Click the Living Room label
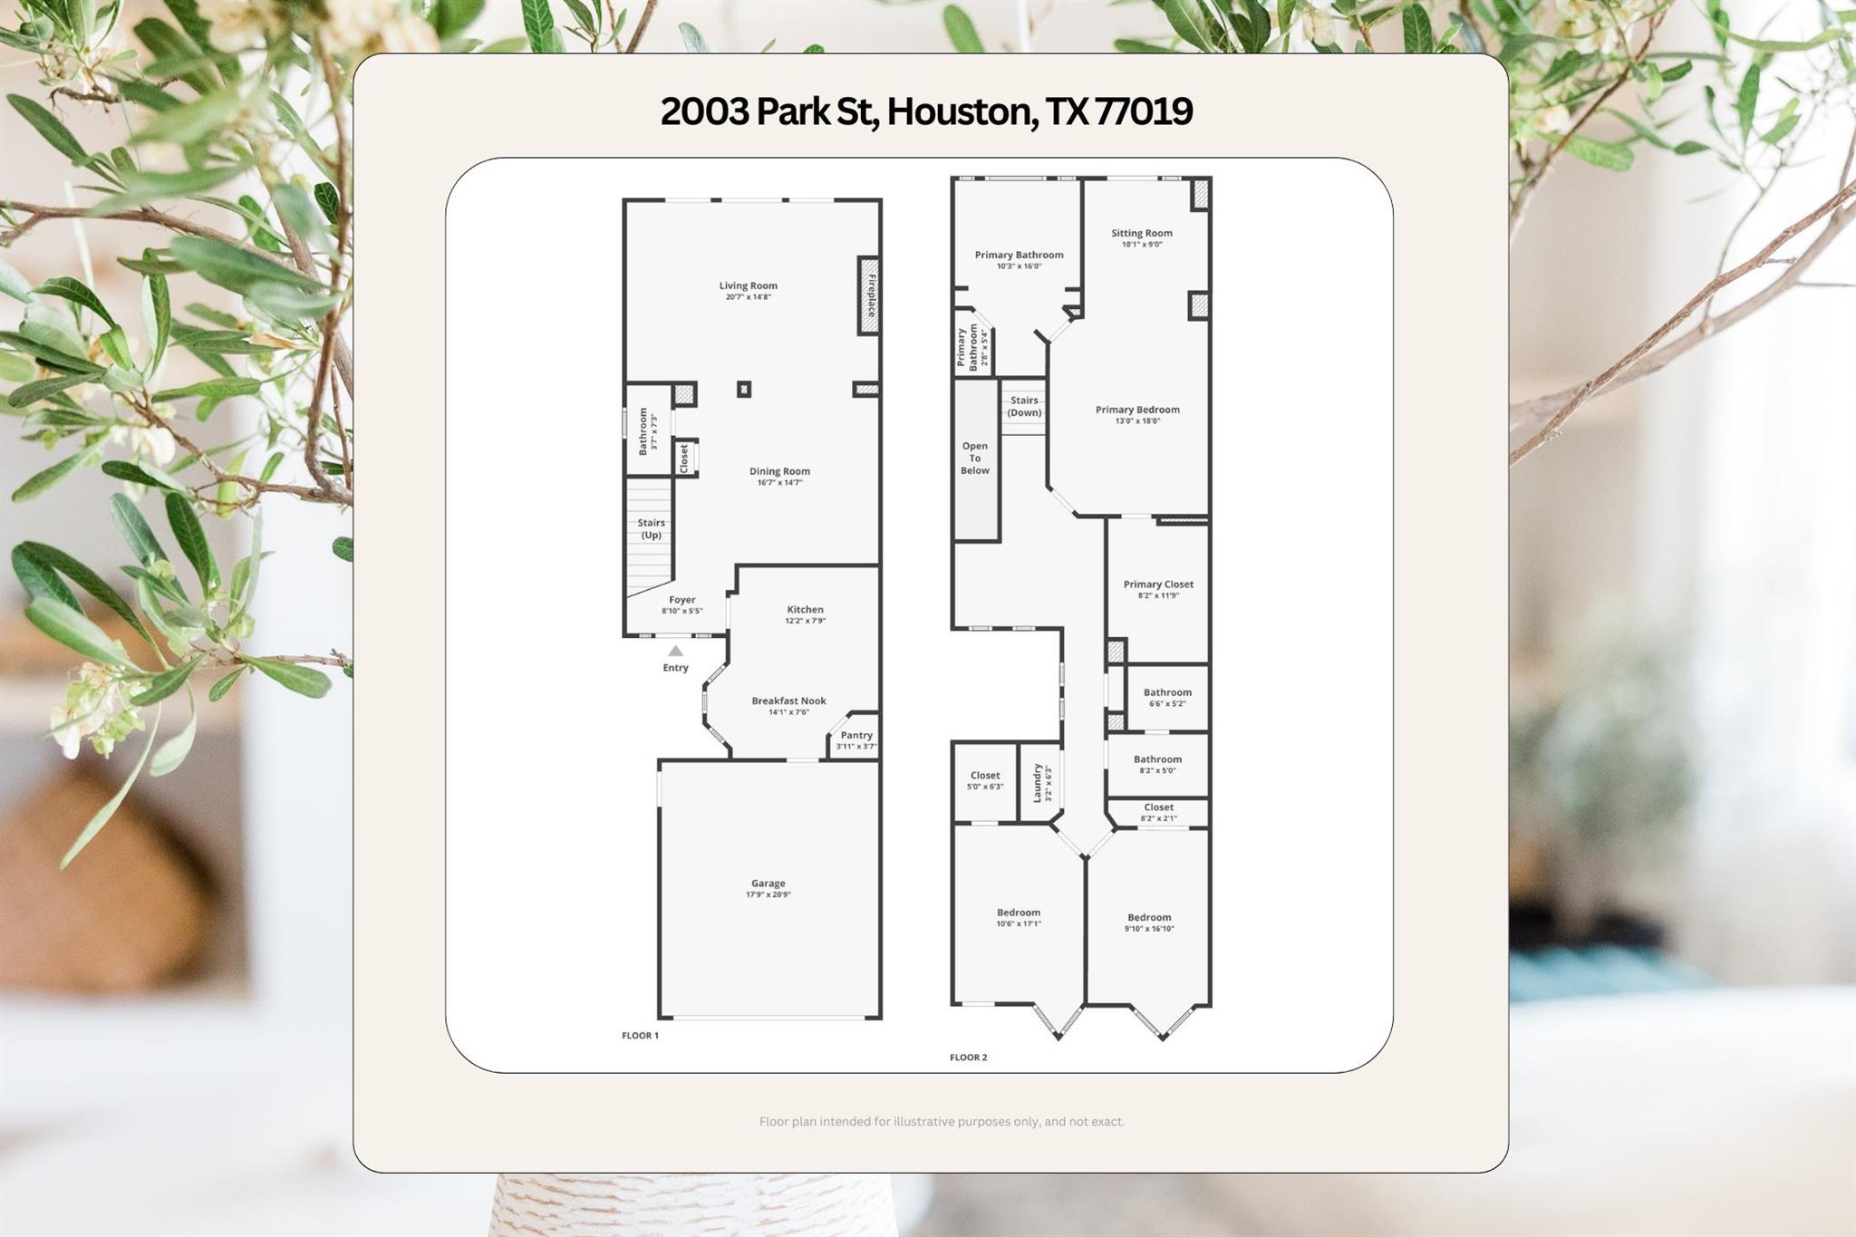point(749,285)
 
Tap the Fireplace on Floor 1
point(868,295)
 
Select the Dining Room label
point(779,471)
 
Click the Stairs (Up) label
point(651,528)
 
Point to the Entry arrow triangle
point(675,651)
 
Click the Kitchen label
point(805,610)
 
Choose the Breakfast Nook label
point(788,701)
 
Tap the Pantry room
point(855,737)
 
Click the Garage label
point(768,884)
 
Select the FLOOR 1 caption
point(640,1035)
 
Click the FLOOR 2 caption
point(968,1057)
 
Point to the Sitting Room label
point(1142,233)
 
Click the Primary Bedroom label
point(1137,410)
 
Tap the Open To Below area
point(976,459)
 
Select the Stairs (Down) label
point(1024,406)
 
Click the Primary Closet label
point(1158,585)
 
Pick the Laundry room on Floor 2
point(1040,782)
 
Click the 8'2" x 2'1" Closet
point(1158,813)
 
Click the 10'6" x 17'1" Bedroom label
point(1019,913)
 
